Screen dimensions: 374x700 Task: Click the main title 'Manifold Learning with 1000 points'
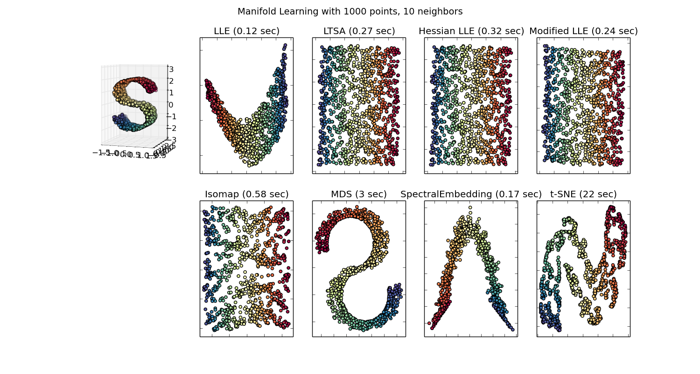(350, 12)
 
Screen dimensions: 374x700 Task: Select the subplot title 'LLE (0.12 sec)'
(246, 31)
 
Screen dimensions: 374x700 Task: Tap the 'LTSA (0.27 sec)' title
(359, 31)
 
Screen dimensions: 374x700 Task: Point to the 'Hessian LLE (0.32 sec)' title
(471, 31)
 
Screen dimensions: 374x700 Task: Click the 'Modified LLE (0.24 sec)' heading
(583, 31)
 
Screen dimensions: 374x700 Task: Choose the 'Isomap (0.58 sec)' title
(246, 194)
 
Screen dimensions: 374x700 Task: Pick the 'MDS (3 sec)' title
(359, 194)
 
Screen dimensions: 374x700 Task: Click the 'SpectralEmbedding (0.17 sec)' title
(471, 194)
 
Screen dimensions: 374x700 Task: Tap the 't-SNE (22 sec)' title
(583, 194)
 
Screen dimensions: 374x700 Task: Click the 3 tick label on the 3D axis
(171, 69)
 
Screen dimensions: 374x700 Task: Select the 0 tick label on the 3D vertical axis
(171, 105)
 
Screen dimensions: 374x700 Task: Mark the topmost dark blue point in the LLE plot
(285, 45)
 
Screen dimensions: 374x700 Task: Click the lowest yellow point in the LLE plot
(250, 165)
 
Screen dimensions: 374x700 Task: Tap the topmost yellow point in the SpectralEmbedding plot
(470, 207)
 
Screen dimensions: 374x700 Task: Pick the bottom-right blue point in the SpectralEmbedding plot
(512, 330)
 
